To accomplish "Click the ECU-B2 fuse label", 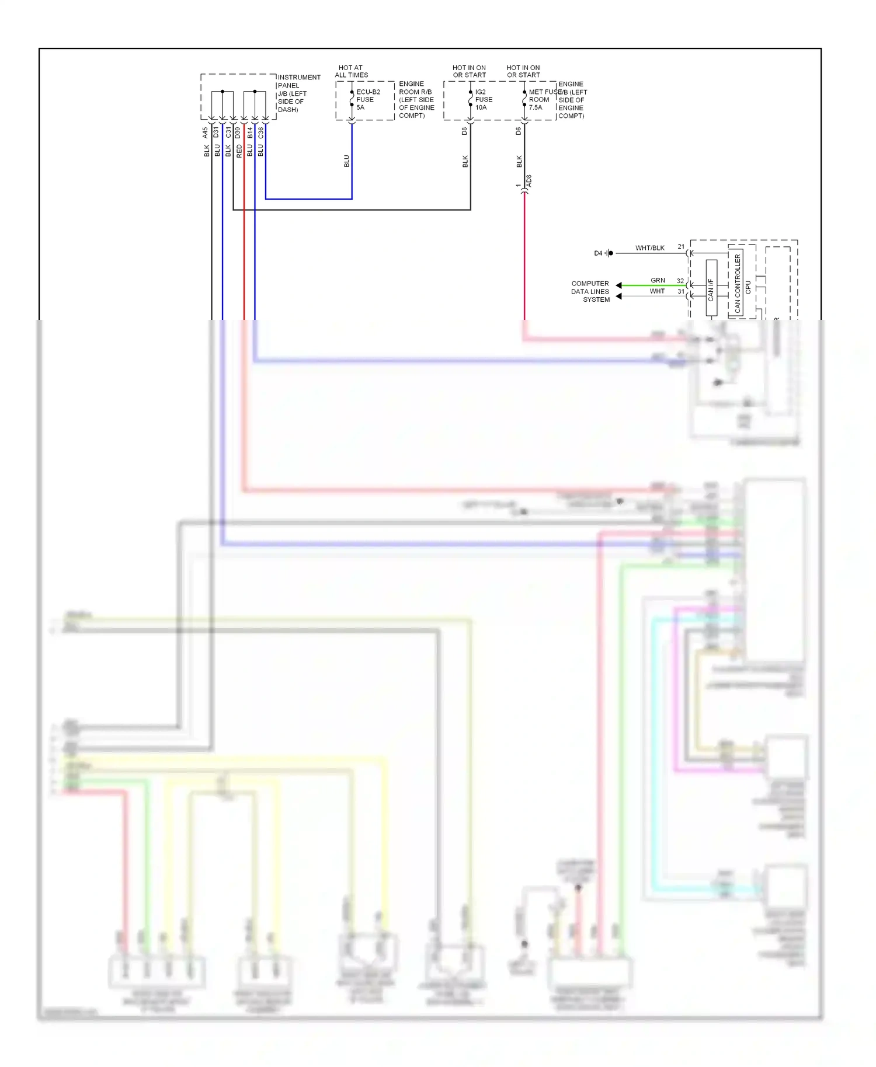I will click(x=368, y=92).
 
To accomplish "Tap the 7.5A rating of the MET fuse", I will click(x=536, y=107).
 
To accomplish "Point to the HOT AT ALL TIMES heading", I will click(x=351, y=71).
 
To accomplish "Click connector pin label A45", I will click(x=206, y=133).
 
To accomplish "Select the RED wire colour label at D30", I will click(x=239, y=151).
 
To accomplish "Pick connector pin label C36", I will click(x=260, y=133).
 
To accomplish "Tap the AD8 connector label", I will click(x=529, y=181).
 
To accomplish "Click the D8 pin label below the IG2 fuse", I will click(x=464, y=131).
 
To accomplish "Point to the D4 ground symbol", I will click(x=609, y=253).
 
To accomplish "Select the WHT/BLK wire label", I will click(x=649, y=248).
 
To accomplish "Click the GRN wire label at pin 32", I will click(x=658, y=281).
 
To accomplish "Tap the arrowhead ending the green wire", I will click(x=618, y=285).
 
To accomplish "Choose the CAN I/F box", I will click(x=711, y=288).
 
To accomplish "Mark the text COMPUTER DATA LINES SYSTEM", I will click(x=590, y=291).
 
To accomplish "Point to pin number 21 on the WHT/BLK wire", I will click(x=681, y=247).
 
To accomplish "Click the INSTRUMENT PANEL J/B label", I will click(x=298, y=93).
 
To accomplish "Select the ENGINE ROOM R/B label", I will click(x=416, y=100).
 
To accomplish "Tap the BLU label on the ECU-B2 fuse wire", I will click(x=346, y=161).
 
